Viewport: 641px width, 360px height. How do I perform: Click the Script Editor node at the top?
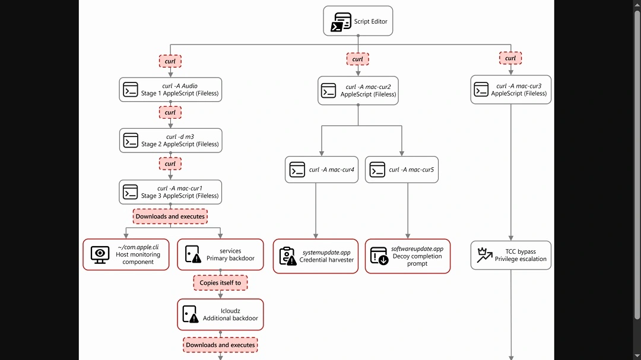[358, 21]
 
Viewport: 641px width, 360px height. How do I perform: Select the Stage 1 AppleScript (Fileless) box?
[170, 90]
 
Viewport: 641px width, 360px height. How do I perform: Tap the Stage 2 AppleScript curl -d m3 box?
[170, 141]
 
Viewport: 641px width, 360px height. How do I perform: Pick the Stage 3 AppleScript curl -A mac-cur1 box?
[170, 192]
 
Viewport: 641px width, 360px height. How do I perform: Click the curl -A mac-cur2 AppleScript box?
[358, 91]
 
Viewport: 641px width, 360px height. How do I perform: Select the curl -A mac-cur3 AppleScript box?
[510, 90]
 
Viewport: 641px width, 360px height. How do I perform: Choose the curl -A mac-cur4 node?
[321, 170]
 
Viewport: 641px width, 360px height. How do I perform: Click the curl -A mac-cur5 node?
[402, 170]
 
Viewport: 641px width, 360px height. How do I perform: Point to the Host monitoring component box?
[125, 254]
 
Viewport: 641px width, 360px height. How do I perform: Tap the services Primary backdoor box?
[220, 254]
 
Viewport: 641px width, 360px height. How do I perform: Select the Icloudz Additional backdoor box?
[220, 314]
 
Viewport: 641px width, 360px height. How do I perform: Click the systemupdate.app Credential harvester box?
[315, 256]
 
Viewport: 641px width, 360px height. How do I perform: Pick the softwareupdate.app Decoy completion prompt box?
[408, 256]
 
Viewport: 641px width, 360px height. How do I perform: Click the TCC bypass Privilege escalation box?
[510, 255]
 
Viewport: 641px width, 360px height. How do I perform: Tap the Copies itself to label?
[220, 283]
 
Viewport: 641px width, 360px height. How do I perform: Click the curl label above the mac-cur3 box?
[510, 58]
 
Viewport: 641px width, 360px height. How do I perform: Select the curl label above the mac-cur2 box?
[358, 59]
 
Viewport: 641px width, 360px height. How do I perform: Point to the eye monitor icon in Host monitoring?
[100, 254]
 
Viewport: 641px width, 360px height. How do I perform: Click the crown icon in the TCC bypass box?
[484, 255]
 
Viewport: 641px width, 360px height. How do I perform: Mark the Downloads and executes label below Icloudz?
[220, 345]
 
